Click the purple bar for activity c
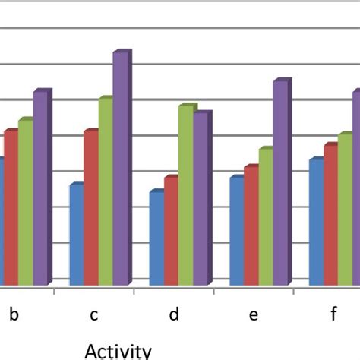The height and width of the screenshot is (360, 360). click(x=120, y=169)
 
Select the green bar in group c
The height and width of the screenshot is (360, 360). click(x=104, y=191)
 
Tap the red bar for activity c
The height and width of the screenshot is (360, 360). click(x=90, y=208)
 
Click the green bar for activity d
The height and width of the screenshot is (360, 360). click(x=185, y=196)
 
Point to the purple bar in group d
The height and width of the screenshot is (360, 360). click(x=201, y=200)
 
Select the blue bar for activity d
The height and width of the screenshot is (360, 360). click(x=156, y=238)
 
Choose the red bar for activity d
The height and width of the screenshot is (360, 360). click(x=171, y=232)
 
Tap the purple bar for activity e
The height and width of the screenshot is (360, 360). click(x=280, y=183)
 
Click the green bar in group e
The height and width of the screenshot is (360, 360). click(x=265, y=217)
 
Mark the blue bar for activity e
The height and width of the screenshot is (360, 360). click(x=236, y=232)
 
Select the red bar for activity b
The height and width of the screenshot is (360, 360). click(x=10, y=207)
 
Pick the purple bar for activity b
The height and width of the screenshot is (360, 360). click(x=39, y=188)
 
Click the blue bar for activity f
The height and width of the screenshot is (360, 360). click(x=316, y=223)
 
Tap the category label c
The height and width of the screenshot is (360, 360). click(x=93, y=314)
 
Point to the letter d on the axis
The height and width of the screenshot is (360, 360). click(x=174, y=314)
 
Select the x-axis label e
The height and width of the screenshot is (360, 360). click(x=254, y=314)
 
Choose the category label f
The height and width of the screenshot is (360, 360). click(x=333, y=314)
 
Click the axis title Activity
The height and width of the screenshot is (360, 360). click(x=118, y=350)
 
